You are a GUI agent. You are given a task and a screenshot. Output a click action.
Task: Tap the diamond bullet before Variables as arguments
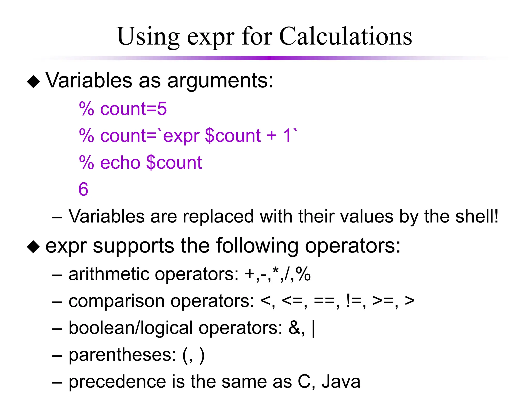point(34,81)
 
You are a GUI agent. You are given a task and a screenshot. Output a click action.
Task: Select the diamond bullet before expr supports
point(34,247)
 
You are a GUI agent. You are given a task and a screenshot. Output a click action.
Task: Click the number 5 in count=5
point(162,109)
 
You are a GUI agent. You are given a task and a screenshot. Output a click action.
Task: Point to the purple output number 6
point(83,189)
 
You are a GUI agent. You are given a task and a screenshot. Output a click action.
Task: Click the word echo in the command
point(120,162)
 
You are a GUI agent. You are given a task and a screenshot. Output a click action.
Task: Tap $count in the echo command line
point(174,162)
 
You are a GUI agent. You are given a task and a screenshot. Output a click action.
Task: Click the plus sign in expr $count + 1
point(271,135)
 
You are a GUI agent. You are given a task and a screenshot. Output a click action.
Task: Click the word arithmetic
point(108,274)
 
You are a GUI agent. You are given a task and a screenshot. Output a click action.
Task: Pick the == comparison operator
point(324,301)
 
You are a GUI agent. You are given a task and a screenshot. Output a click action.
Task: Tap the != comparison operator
point(353,301)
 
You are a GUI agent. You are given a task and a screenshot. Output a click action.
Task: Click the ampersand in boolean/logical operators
point(294,328)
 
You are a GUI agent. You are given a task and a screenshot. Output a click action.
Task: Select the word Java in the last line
point(341,382)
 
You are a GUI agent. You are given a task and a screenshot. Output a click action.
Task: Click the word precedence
point(117,382)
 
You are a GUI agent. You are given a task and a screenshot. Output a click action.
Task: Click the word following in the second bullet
point(257,246)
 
